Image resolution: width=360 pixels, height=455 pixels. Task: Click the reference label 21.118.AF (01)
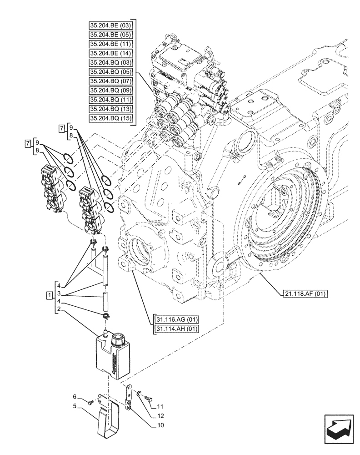click(305, 293)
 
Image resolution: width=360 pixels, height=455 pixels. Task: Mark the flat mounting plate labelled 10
click(129, 396)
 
